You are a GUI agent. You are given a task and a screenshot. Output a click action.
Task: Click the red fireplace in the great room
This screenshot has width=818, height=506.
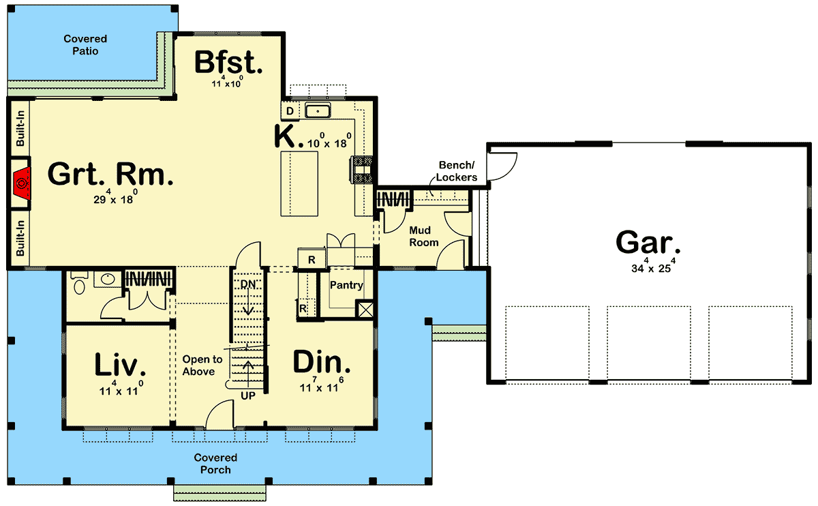23,183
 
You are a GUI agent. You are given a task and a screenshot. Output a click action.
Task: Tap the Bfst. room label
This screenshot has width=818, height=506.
228,62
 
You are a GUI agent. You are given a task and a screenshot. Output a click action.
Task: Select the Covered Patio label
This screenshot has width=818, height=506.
85,45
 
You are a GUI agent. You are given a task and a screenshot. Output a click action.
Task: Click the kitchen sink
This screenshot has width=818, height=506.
318,111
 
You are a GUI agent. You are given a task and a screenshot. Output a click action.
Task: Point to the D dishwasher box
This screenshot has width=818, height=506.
290,111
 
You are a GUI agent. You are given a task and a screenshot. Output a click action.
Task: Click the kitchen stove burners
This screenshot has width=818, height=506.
361,170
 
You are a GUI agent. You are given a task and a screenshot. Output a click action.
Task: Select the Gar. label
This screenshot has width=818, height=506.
648,242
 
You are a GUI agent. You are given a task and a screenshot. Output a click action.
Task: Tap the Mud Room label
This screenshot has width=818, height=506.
423,237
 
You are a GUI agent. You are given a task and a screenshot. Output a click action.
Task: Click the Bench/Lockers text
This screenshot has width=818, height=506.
457,171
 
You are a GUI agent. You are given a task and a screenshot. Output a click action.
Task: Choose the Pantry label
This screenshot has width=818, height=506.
346,286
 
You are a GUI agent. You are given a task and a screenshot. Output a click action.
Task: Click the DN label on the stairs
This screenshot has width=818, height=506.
247,284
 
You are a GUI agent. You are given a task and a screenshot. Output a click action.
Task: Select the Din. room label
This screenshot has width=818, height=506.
322,362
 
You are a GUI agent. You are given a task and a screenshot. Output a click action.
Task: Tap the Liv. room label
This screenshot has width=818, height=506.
120,365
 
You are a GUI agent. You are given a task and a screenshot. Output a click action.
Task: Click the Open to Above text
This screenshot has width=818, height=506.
202,366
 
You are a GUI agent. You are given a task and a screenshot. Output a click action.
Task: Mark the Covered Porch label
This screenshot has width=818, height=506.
215,464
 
